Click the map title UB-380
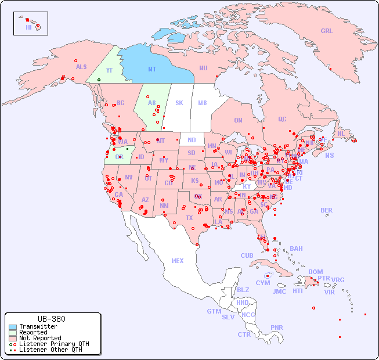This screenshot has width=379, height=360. (51, 319)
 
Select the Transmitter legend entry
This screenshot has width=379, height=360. (38, 327)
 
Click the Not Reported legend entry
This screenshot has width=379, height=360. (39, 338)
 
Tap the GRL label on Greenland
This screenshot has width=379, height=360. (327, 31)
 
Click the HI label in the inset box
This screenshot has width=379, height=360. (28, 27)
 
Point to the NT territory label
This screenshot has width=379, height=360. (152, 69)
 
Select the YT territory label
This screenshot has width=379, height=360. (109, 70)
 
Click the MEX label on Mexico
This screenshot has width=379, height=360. (178, 261)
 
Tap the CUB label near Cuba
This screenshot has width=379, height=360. (247, 255)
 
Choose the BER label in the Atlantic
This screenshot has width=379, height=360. (327, 210)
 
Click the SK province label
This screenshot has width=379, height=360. (179, 103)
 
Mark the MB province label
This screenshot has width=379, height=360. (203, 103)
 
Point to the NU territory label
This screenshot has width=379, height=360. (203, 68)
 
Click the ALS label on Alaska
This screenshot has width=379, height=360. (81, 67)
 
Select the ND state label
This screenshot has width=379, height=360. (192, 140)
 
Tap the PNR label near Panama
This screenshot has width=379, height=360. (277, 327)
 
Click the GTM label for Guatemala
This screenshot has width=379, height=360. (214, 311)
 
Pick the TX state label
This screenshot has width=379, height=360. (189, 218)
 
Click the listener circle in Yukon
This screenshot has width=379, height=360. (99, 80)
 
